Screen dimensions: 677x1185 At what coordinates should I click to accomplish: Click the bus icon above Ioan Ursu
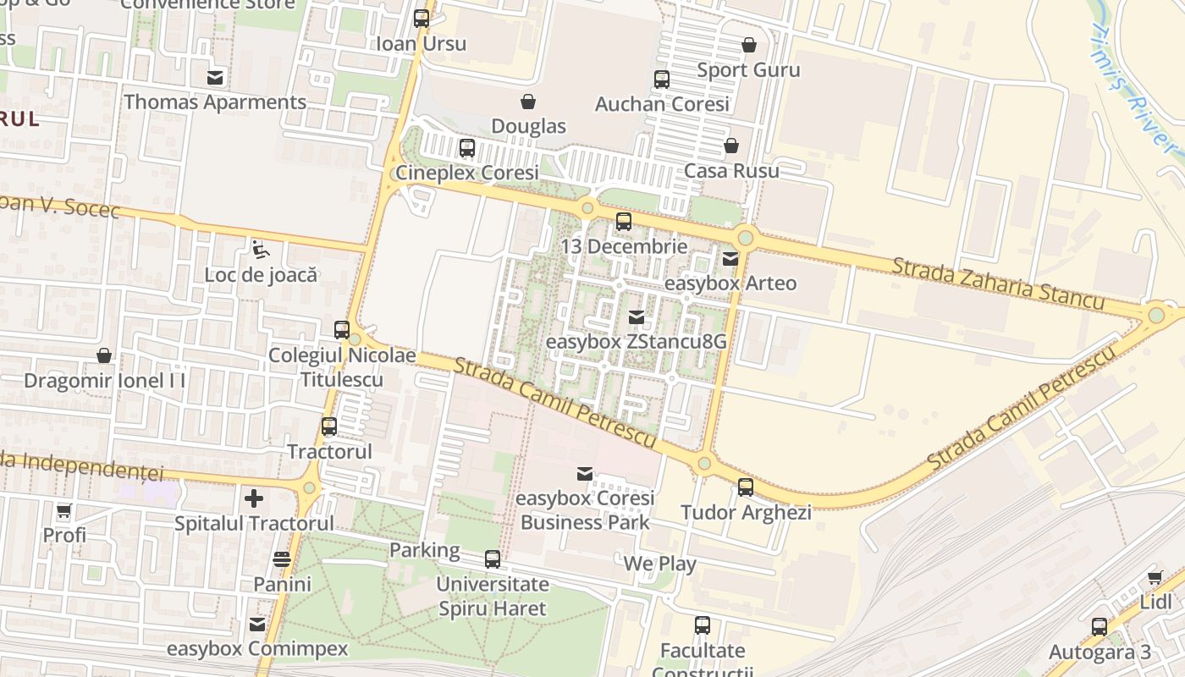pyautogui.click(x=422, y=18)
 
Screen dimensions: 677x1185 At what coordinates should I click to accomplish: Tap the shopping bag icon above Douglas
pyautogui.click(x=528, y=102)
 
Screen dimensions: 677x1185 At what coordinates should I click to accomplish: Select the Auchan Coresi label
pyautogui.click(x=662, y=104)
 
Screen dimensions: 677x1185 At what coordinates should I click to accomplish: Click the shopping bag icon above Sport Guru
pyautogui.click(x=748, y=45)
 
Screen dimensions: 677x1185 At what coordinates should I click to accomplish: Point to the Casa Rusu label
pyautogui.click(x=731, y=170)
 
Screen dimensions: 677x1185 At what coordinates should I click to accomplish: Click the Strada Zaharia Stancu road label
pyautogui.click(x=997, y=283)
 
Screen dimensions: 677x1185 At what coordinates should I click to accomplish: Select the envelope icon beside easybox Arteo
pyautogui.click(x=730, y=258)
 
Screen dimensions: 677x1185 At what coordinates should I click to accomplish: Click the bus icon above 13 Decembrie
pyautogui.click(x=624, y=222)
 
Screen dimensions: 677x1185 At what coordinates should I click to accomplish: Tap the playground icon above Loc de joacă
pyautogui.click(x=260, y=250)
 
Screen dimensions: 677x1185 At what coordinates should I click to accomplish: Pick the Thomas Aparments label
pyautogui.click(x=215, y=102)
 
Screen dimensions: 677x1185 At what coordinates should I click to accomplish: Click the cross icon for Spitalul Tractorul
pyautogui.click(x=254, y=498)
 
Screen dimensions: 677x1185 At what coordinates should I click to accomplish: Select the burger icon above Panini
pyautogui.click(x=282, y=559)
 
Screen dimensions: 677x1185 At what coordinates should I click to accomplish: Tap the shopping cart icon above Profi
pyautogui.click(x=64, y=510)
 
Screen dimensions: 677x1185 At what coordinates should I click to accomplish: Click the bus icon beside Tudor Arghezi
pyautogui.click(x=746, y=487)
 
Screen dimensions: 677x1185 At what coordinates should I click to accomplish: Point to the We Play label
pyautogui.click(x=659, y=564)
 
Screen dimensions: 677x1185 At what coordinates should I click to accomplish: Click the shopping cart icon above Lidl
pyautogui.click(x=1155, y=578)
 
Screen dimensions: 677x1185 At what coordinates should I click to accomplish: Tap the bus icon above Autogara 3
pyautogui.click(x=1099, y=627)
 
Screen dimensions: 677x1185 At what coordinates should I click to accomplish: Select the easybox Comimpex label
pyautogui.click(x=257, y=649)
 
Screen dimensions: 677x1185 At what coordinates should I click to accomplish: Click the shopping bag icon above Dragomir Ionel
pyautogui.click(x=104, y=355)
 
